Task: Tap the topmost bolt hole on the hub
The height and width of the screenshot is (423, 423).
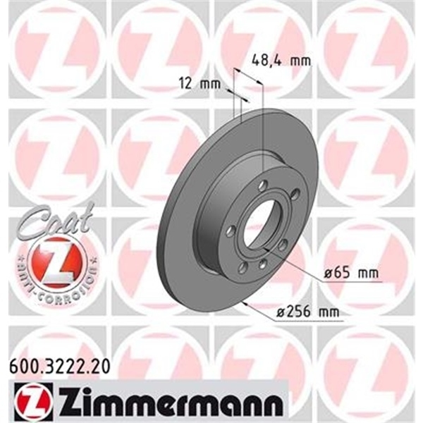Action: (262, 185)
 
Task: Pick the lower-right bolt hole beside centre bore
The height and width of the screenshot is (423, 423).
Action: (282, 245)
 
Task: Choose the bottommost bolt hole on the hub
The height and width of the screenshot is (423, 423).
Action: (262, 264)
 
